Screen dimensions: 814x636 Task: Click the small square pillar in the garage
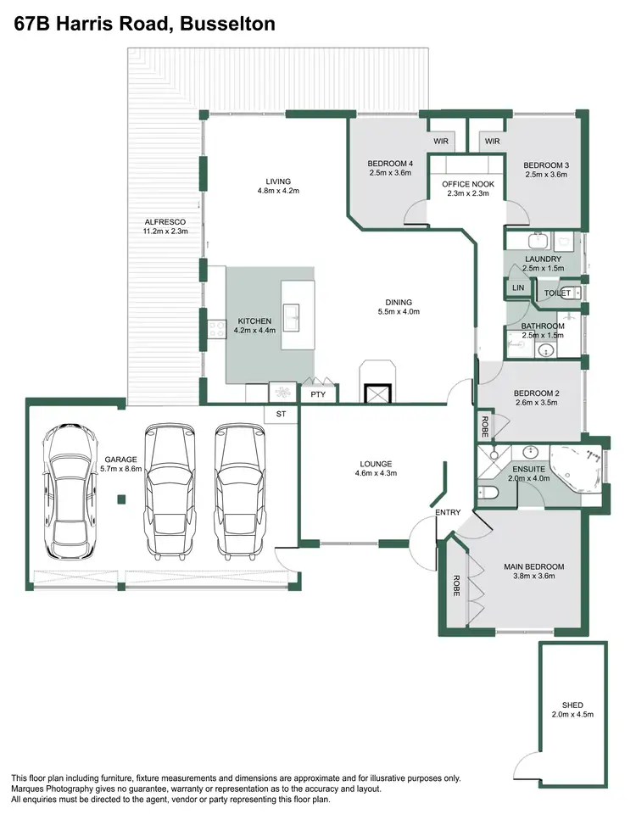121,500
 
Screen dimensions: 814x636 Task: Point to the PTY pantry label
318,394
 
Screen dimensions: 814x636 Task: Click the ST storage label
281,414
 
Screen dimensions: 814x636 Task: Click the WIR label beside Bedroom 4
441,141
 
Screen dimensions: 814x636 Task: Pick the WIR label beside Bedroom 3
492,141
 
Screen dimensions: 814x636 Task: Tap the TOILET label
556,293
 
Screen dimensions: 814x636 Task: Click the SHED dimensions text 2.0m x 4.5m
572,715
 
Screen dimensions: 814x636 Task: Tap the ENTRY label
447,513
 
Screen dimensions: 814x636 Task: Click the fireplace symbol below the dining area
375,393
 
